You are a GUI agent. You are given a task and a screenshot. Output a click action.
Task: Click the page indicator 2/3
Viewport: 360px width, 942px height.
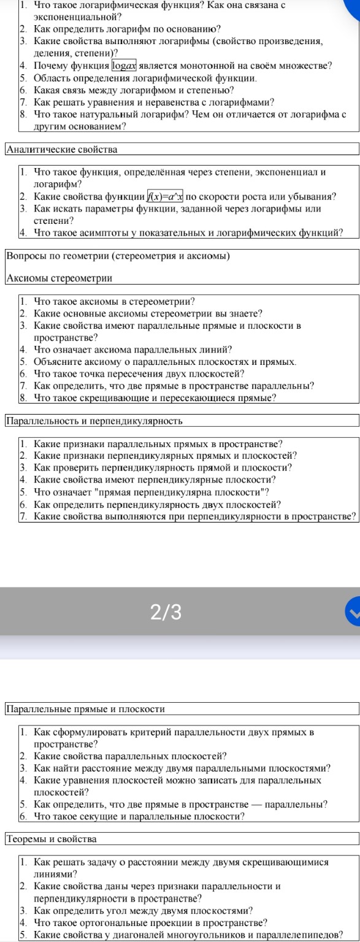click(166, 612)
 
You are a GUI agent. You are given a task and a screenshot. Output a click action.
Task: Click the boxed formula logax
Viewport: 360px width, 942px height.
click(127, 66)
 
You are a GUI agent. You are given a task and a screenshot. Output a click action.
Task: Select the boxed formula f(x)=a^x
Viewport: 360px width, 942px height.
click(165, 197)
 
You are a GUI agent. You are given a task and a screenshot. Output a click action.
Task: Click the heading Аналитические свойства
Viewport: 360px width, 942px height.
click(61, 149)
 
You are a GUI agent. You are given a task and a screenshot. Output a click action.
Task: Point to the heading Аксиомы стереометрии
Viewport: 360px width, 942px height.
click(59, 278)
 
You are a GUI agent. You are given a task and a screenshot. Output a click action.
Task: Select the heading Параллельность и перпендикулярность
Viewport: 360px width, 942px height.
click(94, 421)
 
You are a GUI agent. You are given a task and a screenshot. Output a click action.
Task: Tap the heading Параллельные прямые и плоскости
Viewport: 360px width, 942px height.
click(85, 709)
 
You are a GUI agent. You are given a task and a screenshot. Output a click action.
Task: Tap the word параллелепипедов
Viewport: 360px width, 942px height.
click(295, 935)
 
